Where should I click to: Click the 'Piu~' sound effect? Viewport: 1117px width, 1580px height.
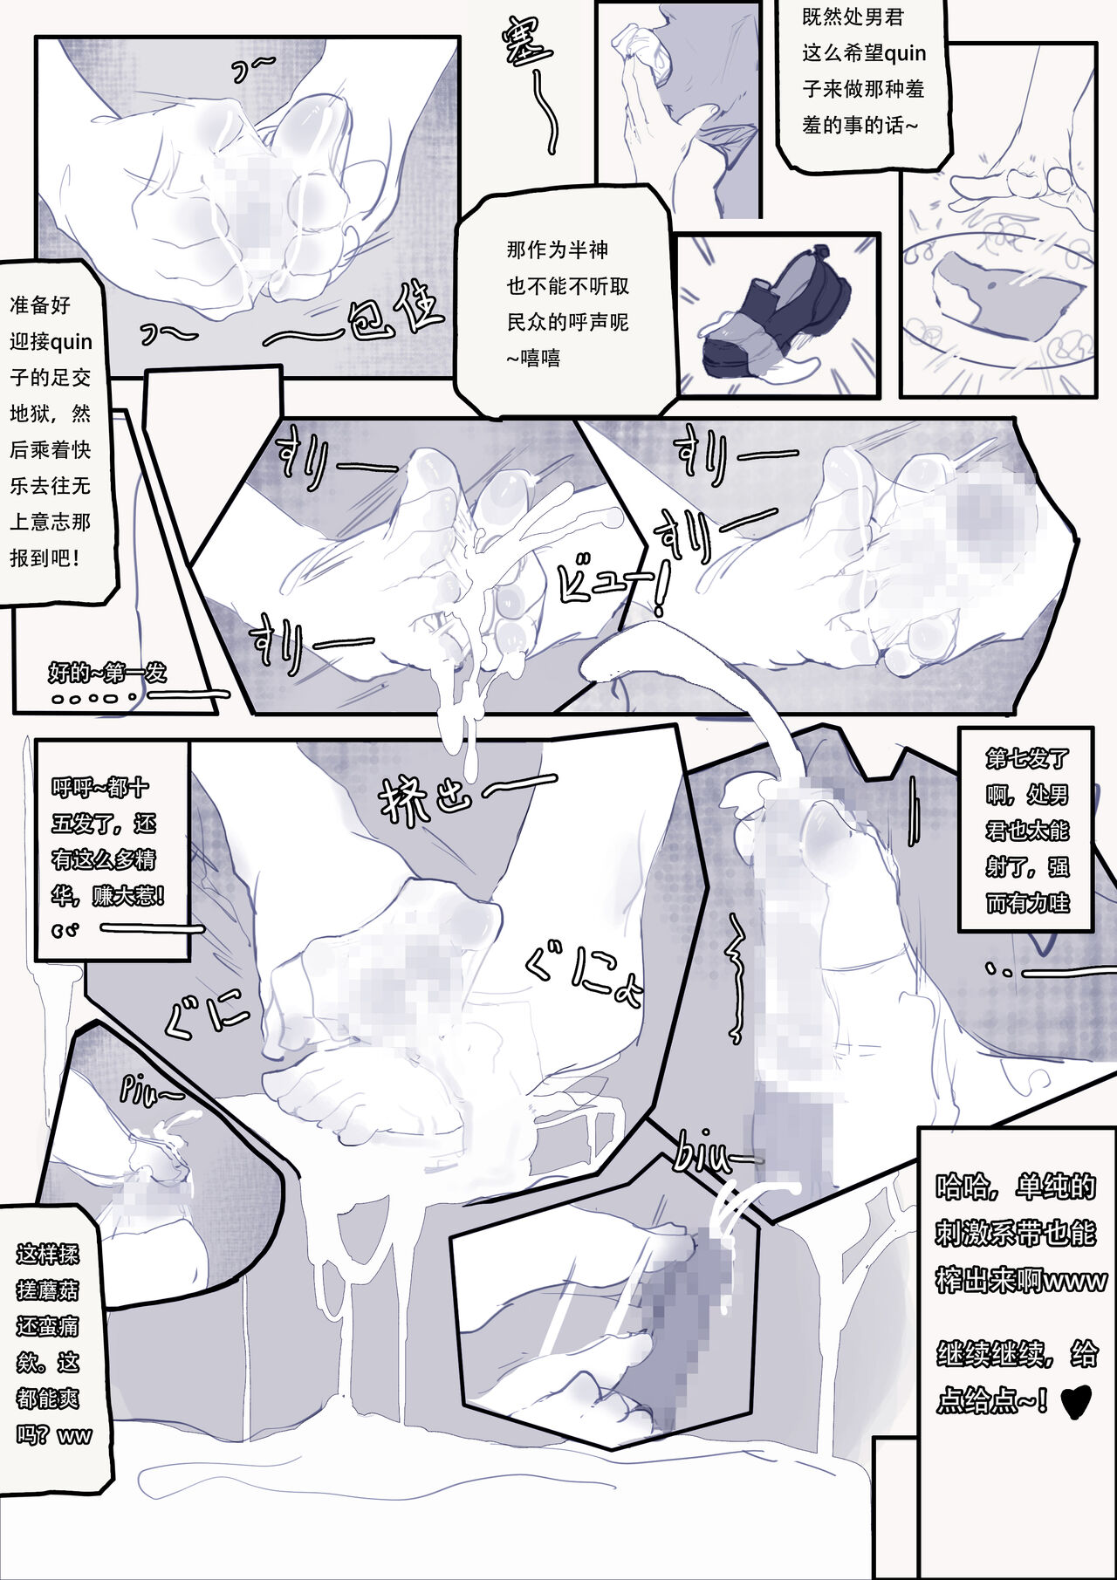click(x=151, y=1091)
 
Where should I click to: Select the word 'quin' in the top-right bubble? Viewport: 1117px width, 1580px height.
click(x=905, y=54)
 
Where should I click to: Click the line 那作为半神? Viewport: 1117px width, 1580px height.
click(x=557, y=250)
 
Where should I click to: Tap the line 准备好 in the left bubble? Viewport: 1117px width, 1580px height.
click(x=40, y=305)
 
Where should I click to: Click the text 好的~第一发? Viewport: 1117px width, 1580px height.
click(x=107, y=673)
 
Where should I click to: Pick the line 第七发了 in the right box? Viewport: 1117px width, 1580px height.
click(x=1027, y=758)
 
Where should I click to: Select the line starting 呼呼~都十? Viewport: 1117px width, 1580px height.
click(x=100, y=788)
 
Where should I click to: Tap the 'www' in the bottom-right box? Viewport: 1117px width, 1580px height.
click(x=1075, y=1282)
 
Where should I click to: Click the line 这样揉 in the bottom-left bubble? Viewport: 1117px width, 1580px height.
click(x=47, y=1255)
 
